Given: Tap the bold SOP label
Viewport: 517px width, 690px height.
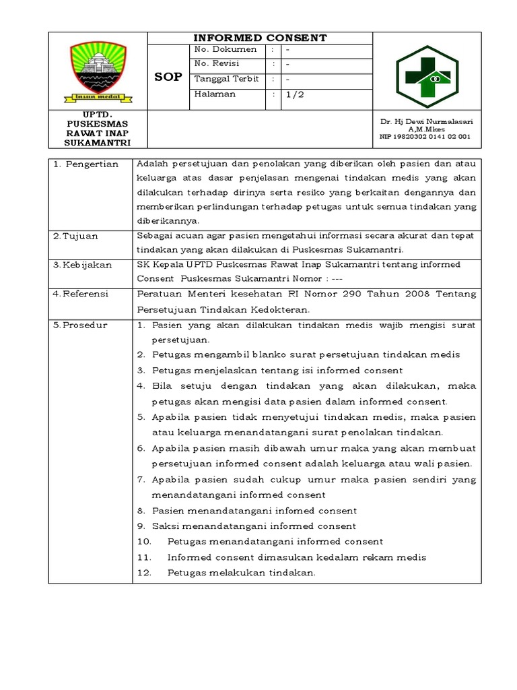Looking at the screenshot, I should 168,77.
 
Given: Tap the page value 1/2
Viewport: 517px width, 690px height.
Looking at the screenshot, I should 295,94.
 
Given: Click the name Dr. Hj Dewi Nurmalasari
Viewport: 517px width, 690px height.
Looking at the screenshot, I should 425,121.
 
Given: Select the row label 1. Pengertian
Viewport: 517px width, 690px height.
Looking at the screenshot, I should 86,164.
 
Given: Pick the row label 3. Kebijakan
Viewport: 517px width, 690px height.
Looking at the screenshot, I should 82,265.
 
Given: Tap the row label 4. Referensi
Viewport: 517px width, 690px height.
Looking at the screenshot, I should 81,294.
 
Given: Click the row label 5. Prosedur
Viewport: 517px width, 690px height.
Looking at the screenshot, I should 80,325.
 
